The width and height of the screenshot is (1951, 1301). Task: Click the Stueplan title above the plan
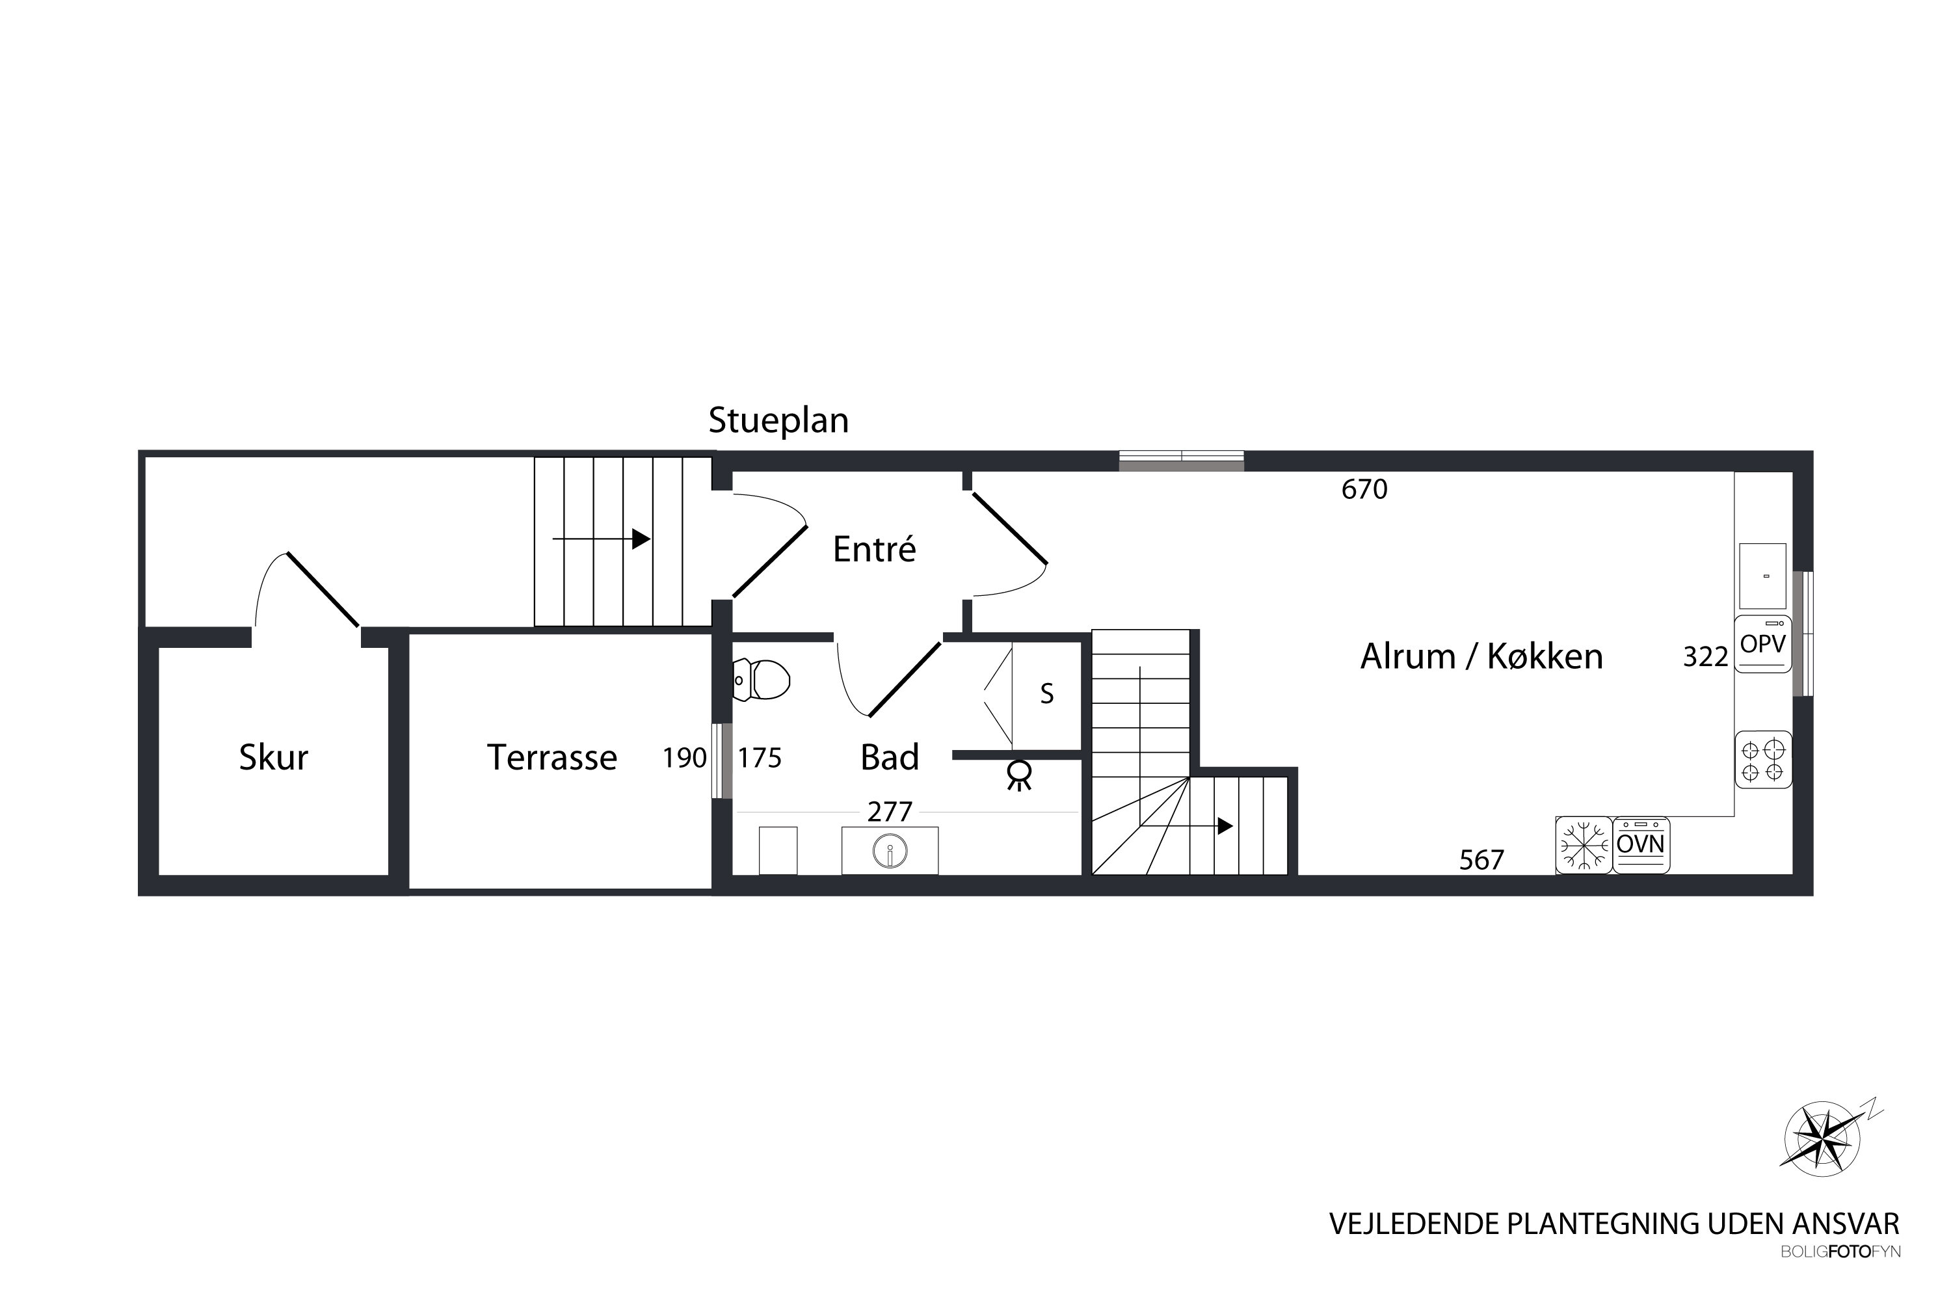click(x=778, y=421)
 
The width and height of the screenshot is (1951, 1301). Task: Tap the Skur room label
click(x=274, y=758)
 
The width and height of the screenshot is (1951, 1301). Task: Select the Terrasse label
click(x=551, y=758)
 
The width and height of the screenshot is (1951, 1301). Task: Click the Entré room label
click(x=874, y=549)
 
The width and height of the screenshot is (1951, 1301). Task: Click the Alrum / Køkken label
click(x=1481, y=656)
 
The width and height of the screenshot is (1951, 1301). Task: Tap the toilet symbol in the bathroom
click(x=762, y=680)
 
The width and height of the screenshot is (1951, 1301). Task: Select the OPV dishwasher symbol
click(x=1762, y=644)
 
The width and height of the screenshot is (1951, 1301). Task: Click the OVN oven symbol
click(x=1641, y=846)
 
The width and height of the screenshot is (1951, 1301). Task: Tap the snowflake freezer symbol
click(x=1584, y=846)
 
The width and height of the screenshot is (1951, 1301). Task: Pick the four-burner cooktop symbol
click(x=1762, y=760)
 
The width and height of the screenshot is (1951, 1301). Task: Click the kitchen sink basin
click(x=1762, y=576)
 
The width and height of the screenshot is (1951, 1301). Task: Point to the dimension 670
click(x=1364, y=490)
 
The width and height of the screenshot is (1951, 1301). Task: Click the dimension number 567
click(x=1481, y=859)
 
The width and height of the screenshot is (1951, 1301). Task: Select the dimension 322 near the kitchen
click(x=1705, y=657)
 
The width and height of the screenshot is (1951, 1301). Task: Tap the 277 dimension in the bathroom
click(x=890, y=811)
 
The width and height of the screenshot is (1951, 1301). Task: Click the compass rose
click(x=1822, y=1138)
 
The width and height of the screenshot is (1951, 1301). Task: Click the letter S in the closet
click(x=1047, y=693)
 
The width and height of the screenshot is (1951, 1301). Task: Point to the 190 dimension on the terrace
click(x=684, y=758)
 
